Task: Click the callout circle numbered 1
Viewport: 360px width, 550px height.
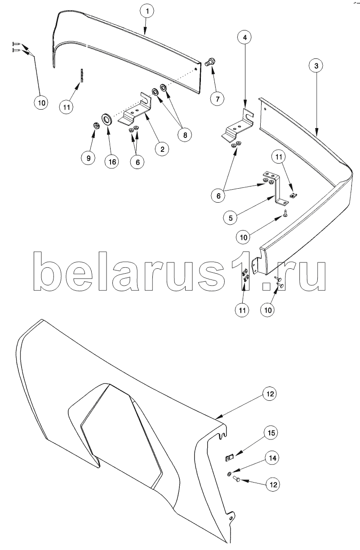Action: pos(147,11)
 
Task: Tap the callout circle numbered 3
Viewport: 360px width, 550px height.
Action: pos(316,66)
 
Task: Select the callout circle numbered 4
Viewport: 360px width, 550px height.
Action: pos(244,37)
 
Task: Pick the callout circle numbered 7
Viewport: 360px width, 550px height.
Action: pos(217,99)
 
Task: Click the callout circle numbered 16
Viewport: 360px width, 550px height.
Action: pos(112,162)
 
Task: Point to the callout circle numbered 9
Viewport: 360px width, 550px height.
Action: pos(89,158)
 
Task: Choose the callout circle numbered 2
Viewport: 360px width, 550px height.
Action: pos(162,149)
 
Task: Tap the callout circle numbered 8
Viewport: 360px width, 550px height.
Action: pos(185,135)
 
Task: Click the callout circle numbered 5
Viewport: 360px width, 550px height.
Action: pos(231,218)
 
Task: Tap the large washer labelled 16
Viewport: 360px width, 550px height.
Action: pos(107,119)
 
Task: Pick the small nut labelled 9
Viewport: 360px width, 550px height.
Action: pos(96,126)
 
